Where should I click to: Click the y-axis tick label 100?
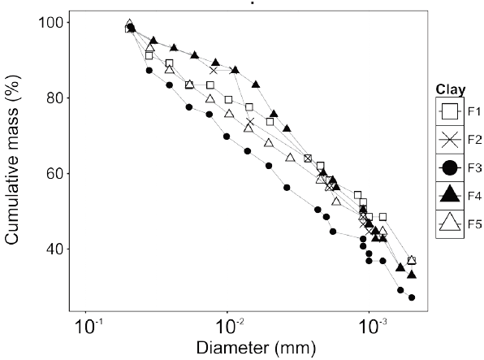click(x=54, y=22)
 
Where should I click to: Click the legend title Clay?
click(x=449, y=89)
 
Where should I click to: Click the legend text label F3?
click(x=473, y=167)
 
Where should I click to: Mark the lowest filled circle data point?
click(x=412, y=298)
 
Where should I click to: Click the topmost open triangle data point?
click(x=130, y=24)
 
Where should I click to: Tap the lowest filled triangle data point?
click(x=412, y=275)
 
